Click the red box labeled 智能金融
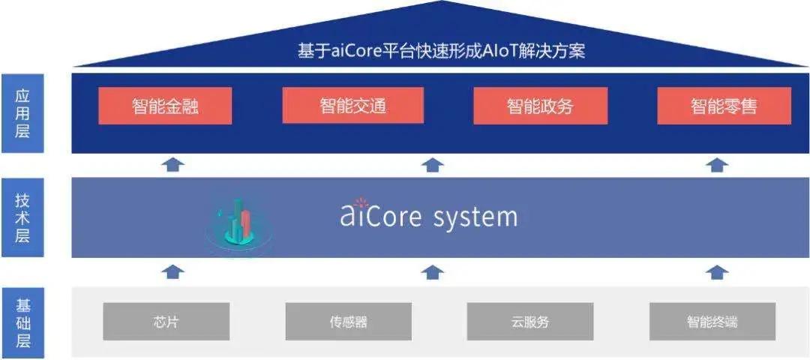(x=165, y=106)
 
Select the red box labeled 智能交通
(x=352, y=105)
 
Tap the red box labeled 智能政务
(x=540, y=106)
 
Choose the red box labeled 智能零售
(x=724, y=106)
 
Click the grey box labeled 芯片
(x=166, y=321)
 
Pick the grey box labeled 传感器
(x=349, y=321)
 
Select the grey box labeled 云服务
(x=530, y=321)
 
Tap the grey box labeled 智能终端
(x=712, y=321)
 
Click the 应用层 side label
(x=22, y=114)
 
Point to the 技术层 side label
(x=22, y=217)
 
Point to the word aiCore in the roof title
(x=358, y=52)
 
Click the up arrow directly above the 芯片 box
(x=173, y=271)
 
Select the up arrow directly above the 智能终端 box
(x=717, y=271)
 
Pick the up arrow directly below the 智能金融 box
(x=173, y=165)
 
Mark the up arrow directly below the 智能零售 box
(x=717, y=165)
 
